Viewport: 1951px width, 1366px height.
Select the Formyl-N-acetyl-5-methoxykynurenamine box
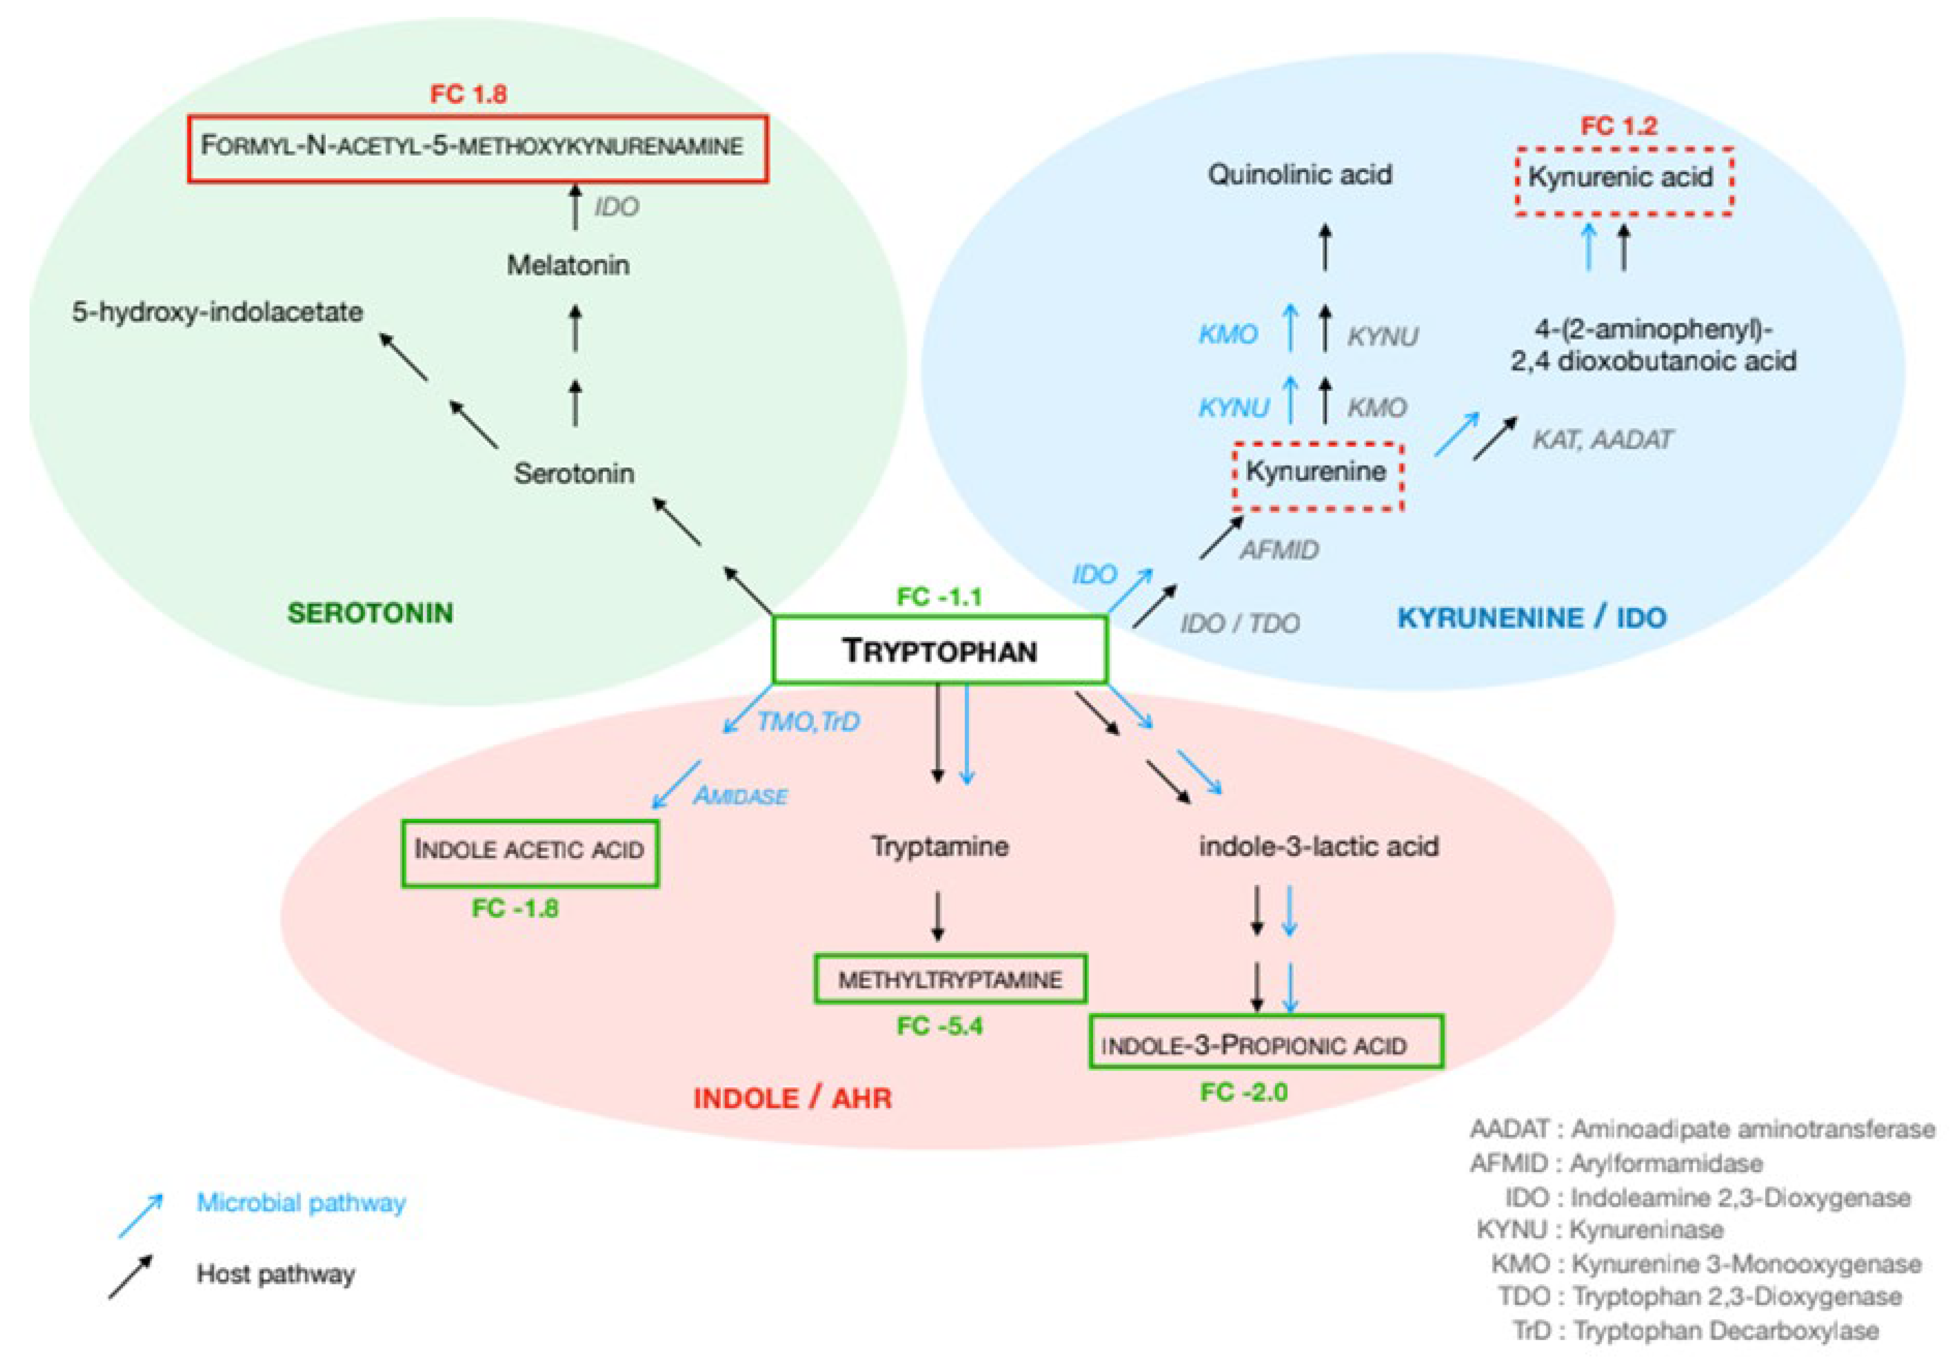click(478, 149)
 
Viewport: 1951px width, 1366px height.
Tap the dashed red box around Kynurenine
click(1317, 476)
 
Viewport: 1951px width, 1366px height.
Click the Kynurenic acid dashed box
click(1623, 181)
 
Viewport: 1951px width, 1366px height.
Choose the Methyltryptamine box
click(949, 979)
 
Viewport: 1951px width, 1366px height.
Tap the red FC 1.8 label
click(468, 93)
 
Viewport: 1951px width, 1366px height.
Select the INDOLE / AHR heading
click(792, 1098)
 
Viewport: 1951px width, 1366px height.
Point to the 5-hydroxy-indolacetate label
click(218, 312)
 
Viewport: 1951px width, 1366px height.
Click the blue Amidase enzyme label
click(740, 796)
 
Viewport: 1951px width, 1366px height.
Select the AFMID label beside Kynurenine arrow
click(1279, 551)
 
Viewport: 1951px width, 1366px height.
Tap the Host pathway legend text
click(275, 1274)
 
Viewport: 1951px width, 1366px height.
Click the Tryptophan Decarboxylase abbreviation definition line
click(1695, 1330)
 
